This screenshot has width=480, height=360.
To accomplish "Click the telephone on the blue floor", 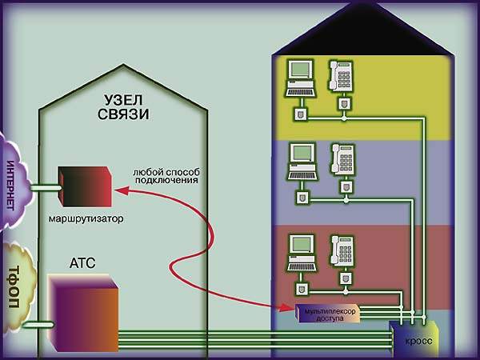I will (x=343, y=158).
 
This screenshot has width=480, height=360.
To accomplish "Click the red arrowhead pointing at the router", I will (x=119, y=190).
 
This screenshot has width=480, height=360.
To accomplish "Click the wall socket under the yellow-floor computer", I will (x=301, y=114).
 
